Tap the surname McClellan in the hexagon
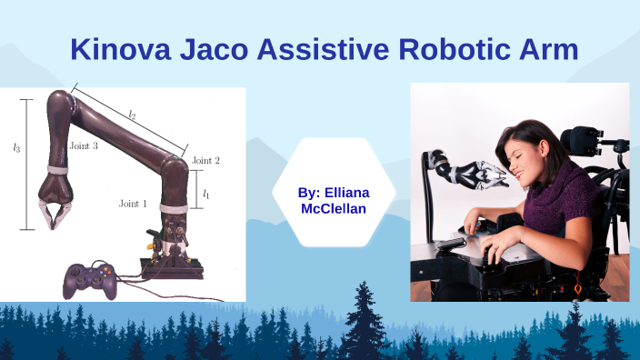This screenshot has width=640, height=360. (334, 208)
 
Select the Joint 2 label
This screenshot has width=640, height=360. (205, 161)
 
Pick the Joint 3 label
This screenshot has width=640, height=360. (83, 145)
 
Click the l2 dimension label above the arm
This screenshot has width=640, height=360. (132, 115)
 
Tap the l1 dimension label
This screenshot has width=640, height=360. (206, 194)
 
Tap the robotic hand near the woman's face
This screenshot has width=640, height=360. (482, 173)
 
